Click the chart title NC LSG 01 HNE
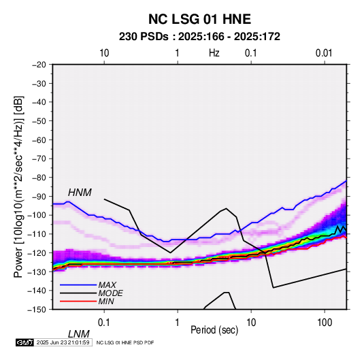tap(199, 19)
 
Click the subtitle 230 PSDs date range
tap(199, 37)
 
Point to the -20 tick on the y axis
tap(39, 65)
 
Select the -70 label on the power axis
tap(39, 159)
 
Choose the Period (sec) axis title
tap(214, 330)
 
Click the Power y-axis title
tap(18, 187)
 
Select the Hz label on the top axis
tap(214, 53)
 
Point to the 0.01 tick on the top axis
tap(324, 53)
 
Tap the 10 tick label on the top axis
tap(104, 53)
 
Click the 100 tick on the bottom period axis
tap(325, 323)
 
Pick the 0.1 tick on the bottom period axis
tap(104, 323)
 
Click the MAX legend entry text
tap(107, 285)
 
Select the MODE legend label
tap(110, 293)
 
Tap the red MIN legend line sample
tap(78, 301)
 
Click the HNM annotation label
tap(80, 193)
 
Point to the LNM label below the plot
tap(79, 334)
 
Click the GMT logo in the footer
tap(24, 342)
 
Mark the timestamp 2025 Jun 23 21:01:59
tap(63, 342)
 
